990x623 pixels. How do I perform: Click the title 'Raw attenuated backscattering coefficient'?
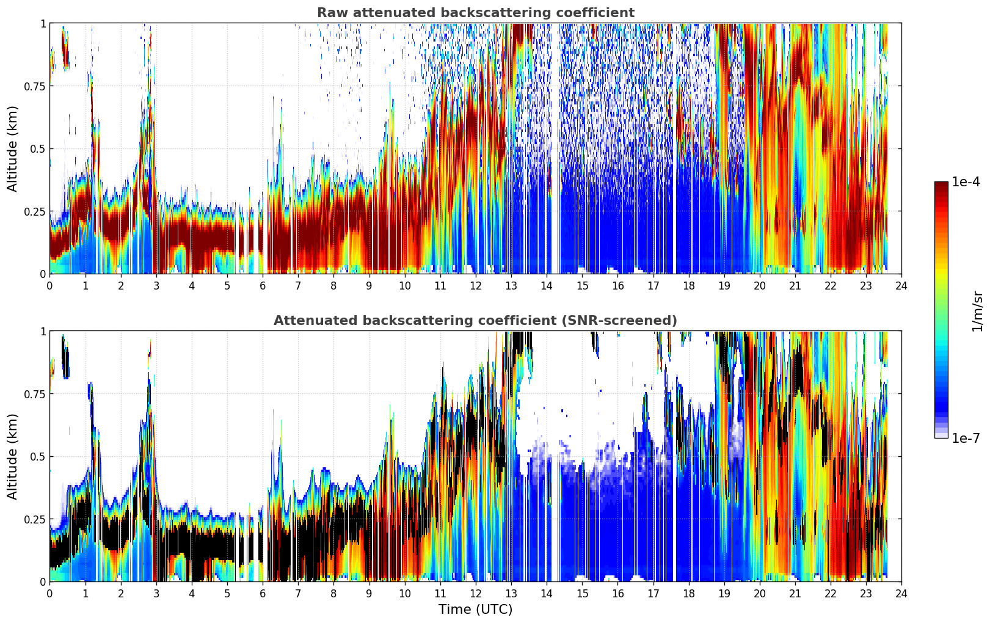point(476,12)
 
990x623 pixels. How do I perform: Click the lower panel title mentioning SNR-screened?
point(476,320)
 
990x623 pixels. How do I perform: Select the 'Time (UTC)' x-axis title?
point(476,610)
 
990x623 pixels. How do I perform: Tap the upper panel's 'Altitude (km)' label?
point(12,149)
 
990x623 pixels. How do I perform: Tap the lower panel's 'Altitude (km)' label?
point(12,457)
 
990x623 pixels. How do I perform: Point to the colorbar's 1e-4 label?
point(966,181)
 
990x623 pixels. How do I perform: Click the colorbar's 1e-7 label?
point(966,439)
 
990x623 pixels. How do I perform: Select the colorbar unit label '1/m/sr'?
point(977,311)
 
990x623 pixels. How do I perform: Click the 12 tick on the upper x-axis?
point(476,286)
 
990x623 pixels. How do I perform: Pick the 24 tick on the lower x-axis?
point(901,594)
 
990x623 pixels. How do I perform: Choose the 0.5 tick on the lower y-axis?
point(38,457)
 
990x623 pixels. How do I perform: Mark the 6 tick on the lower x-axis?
point(263,594)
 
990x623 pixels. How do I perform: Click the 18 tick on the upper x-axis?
point(688,286)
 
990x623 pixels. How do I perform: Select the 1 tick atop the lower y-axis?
point(43,332)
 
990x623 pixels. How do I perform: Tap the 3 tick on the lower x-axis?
point(156,594)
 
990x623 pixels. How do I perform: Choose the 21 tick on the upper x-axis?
point(795,286)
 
